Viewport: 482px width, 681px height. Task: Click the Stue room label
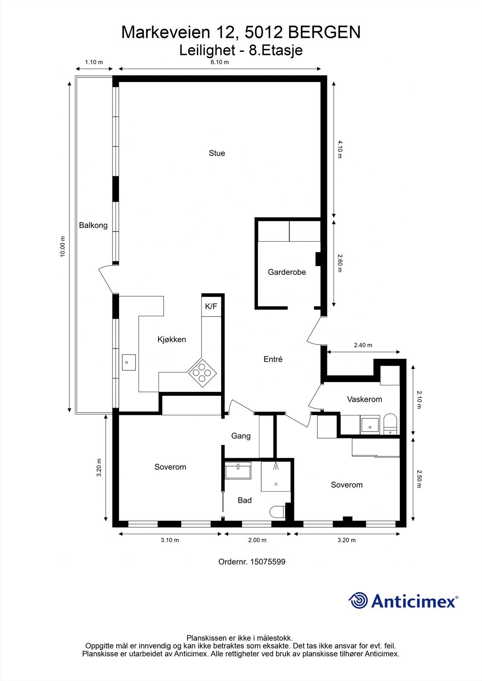point(216,153)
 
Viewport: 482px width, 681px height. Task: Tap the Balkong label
point(93,226)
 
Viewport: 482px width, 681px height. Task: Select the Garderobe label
point(287,272)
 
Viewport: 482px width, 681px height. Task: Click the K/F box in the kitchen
point(211,306)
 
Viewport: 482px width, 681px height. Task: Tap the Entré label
point(273,359)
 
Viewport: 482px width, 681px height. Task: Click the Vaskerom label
point(364,400)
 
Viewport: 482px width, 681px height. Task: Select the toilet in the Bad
point(277,511)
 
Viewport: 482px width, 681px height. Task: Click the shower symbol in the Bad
point(276,466)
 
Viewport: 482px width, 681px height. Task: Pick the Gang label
point(241,436)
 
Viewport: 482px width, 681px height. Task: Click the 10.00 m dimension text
point(63,247)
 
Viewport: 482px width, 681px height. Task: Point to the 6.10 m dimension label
point(220,62)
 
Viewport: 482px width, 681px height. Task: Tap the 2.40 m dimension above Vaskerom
point(363,345)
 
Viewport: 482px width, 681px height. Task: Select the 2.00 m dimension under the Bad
point(257,540)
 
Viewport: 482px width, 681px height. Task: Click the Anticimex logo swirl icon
point(358,601)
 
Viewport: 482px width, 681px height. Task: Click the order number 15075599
point(267,562)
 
